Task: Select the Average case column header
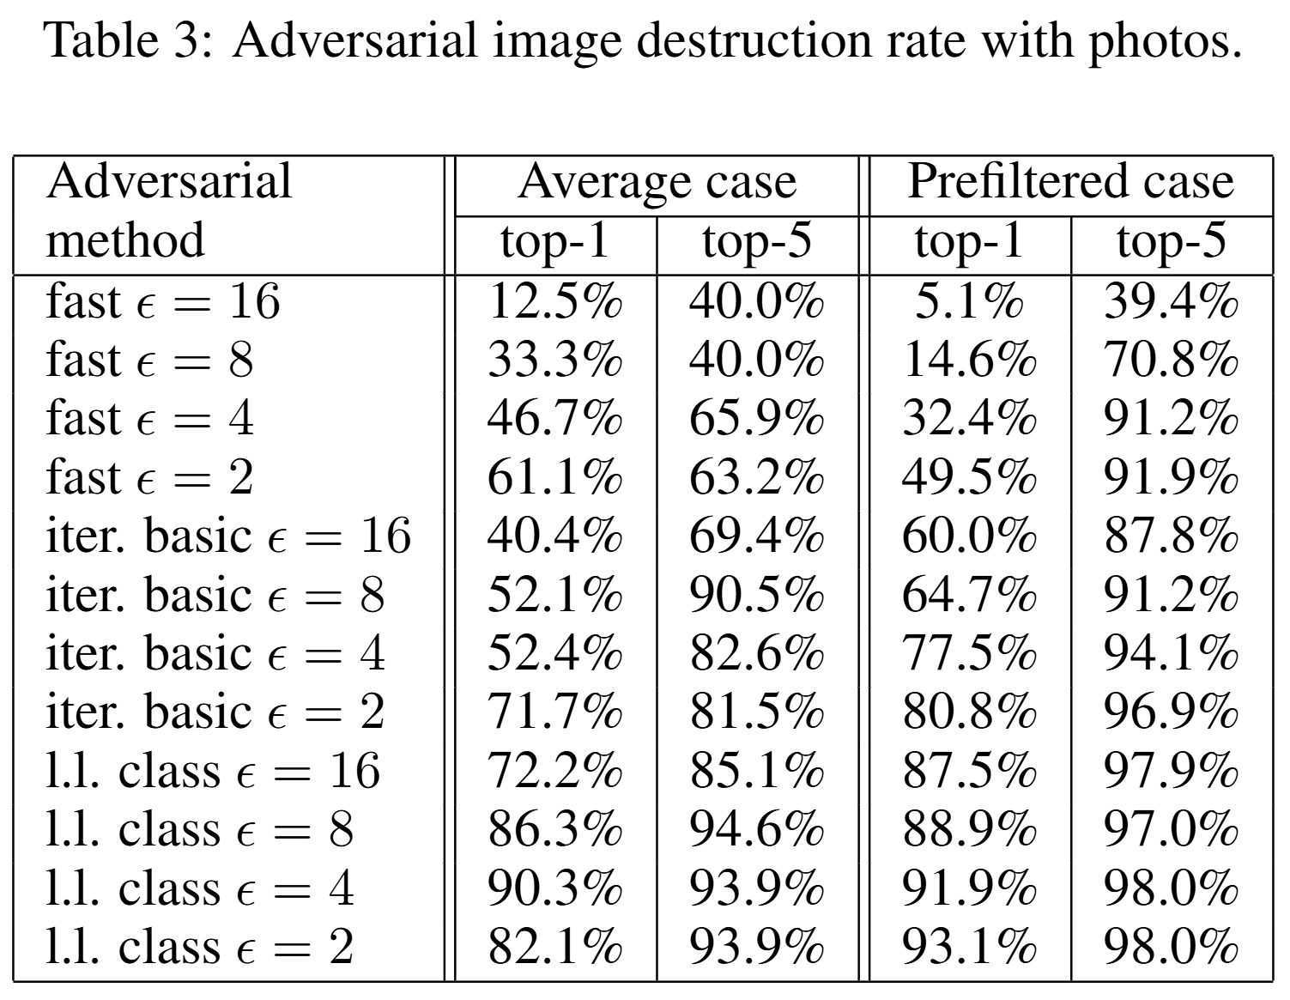[657, 182]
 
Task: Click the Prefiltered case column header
[1070, 182]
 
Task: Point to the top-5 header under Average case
[757, 241]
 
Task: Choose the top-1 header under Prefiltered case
[969, 241]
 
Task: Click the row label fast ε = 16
[163, 301]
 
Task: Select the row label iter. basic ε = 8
[215, 594]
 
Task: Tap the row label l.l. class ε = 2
[199, 946]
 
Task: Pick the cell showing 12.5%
[554, 301]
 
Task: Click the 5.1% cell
[969, 301]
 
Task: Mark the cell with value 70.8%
[1171, 360]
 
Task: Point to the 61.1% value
[554, 477]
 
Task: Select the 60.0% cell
[969, 536]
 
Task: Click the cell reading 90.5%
[757, 594]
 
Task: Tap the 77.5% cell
[969, 653]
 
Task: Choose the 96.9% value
[1171, 712]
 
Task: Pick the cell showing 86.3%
[554, 829]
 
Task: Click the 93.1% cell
[969, 946]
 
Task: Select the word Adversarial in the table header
[169, 182]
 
